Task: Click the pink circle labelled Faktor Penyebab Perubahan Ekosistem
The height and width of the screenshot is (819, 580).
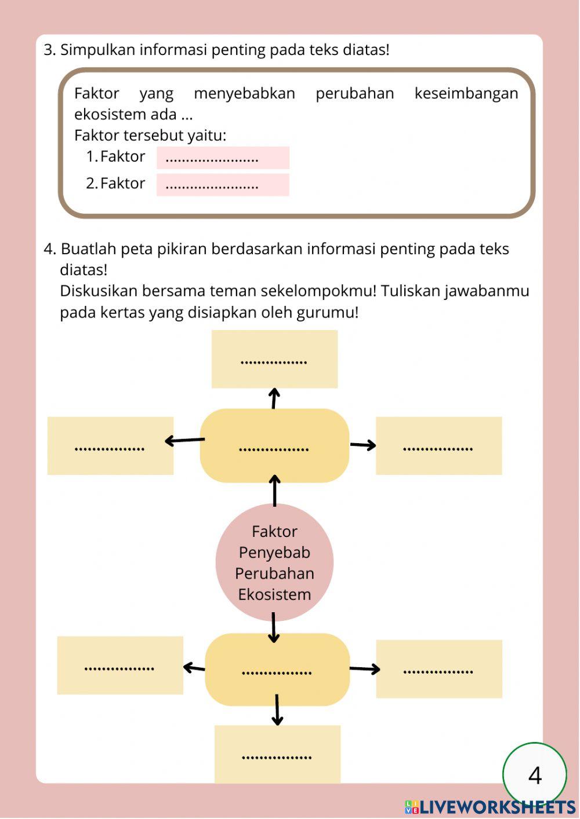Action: point(274,562)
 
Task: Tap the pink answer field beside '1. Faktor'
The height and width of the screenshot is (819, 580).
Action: point(223,158)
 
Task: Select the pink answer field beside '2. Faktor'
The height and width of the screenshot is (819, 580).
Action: point(223,185)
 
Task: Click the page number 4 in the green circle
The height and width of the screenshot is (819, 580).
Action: point(535,775)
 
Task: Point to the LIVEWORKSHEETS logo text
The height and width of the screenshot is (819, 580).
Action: point(497,807)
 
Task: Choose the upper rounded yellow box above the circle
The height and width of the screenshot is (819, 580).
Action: point(274,445)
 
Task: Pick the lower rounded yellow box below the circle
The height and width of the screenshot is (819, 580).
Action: point(277,669)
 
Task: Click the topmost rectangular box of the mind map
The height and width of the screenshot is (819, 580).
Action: point(274,359)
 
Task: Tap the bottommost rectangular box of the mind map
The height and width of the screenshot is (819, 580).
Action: point(277,754)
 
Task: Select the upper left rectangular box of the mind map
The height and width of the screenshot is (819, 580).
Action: point(110,445)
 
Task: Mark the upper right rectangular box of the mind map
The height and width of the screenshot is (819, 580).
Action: point(438,445)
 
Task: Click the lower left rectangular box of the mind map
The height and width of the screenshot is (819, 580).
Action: point(120,665)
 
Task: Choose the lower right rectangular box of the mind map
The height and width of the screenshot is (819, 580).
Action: point(439,669)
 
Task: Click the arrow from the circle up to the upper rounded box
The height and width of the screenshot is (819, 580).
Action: point(274,491)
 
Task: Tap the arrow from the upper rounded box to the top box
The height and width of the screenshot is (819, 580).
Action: point(274,398)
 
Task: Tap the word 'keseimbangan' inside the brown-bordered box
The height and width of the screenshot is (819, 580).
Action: point(466,93)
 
